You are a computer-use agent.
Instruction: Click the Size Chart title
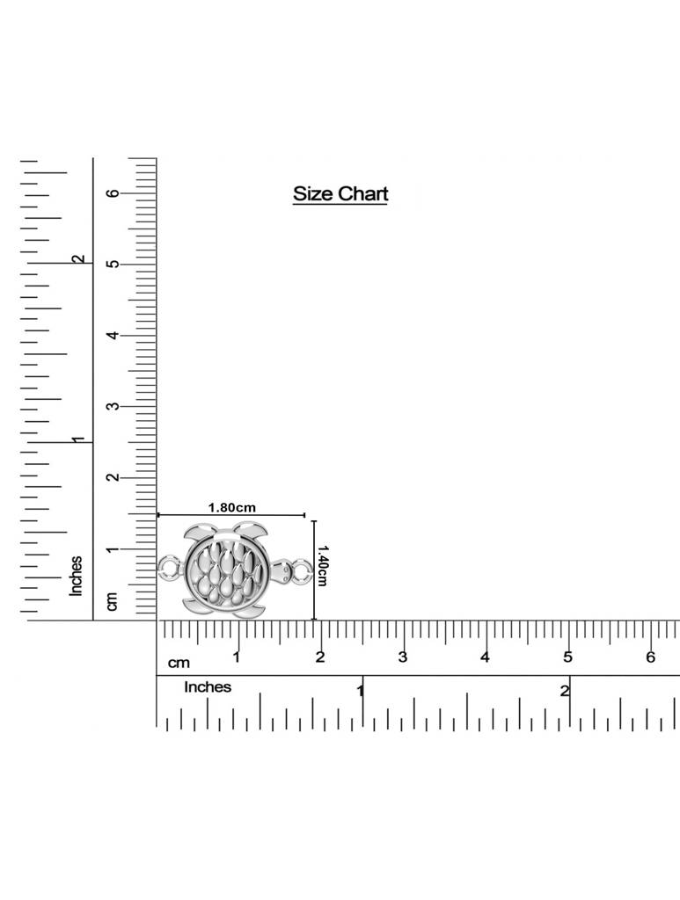point(340,194)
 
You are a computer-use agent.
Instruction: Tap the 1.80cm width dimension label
point(231,507)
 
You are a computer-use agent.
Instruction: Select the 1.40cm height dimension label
point(322,565)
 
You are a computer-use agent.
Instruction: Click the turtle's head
point(281,571)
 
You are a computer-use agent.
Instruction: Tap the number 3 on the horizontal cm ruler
point(402,657)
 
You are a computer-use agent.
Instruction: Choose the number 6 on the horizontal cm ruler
point(650,657)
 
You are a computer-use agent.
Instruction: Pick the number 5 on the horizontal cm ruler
point(567,657)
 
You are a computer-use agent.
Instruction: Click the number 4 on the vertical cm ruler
point(114,335)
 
